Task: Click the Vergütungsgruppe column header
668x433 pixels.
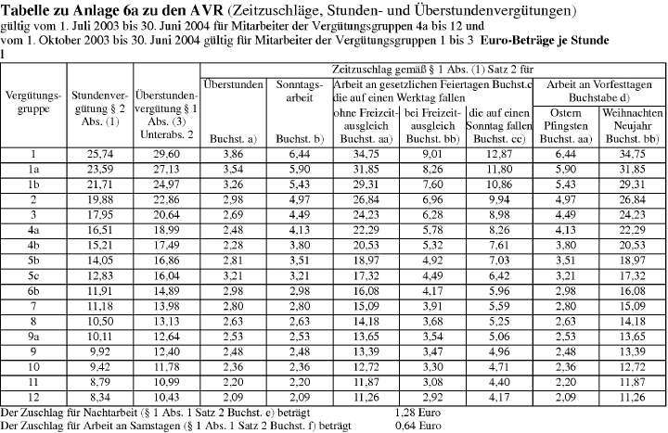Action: pos(32,103)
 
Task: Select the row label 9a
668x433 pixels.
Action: pos(32,335)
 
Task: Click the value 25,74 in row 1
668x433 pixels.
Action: pos(99,154)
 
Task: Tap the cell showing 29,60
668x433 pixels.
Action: pos(166,154)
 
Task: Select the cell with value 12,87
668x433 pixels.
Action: pos(501,154)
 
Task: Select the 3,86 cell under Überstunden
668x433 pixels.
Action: pos(233,154)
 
